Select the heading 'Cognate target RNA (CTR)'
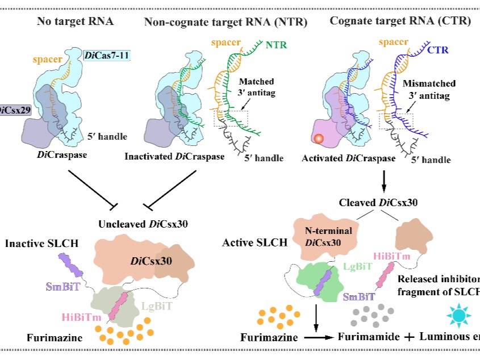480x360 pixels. click(400, 22)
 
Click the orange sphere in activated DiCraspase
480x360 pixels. click(319, 138)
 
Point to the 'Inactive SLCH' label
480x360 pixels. click(42, 244)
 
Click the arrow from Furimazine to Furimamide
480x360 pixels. click(317, 336)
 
